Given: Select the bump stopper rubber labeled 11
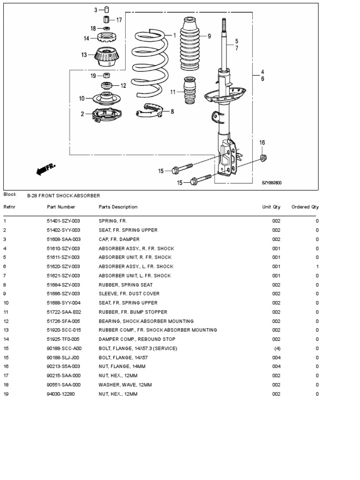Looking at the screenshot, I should point(189,92).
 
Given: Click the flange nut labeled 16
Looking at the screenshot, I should point(263,157).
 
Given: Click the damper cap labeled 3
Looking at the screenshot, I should point(106,10).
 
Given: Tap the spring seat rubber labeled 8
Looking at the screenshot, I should point(148,111).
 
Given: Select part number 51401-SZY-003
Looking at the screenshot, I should point(63,221).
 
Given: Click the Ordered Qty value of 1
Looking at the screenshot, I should point(317,267).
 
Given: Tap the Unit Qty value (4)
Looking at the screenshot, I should point(277,349).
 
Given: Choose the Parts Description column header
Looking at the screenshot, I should point(118,207).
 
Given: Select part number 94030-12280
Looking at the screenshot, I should point(60,394).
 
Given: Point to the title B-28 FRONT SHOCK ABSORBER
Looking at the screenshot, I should point(63,195).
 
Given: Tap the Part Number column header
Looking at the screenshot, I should point(61,207).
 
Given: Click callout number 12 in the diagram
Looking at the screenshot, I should point(123,86).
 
